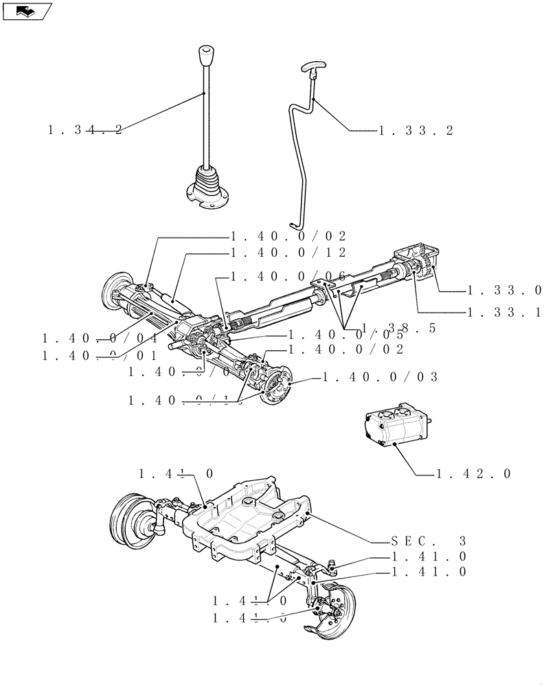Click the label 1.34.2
point(85,129)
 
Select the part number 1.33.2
point(416,130)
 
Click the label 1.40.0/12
point(288,252)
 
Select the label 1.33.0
point(505,290)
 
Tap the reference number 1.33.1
point(505,312)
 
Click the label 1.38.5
point(398,328)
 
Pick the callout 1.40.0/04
point(100,338)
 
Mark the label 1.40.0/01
point(100,355)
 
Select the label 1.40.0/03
point(379,376)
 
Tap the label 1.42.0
point(473,473)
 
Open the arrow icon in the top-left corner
point(27,10)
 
